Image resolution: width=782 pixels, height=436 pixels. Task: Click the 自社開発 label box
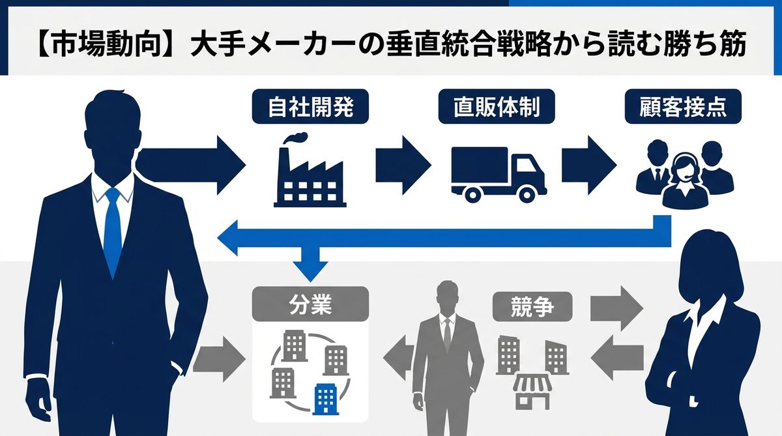pyautogui.click(x=310, y=107)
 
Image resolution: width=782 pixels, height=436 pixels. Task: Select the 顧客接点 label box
pyautogui.click(x=684, y=107)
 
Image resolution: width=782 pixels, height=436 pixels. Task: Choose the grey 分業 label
pyautogui.click(x=310, y=304)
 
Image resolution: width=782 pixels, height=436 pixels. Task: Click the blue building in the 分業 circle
pyautogui.click(x=324, y=399)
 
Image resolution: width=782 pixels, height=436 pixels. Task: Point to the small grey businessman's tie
pyautogui.click(x=447, y=332)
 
